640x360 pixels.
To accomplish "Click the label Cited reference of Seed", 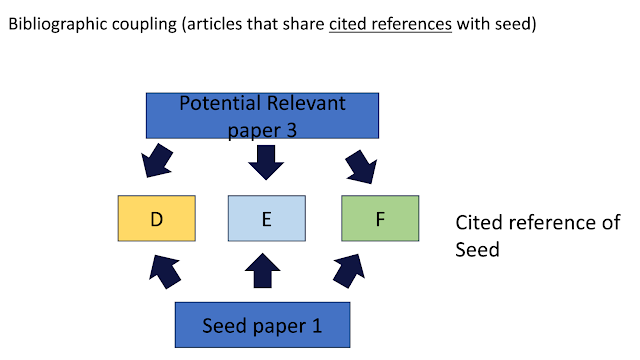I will [x=537, y=234].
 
